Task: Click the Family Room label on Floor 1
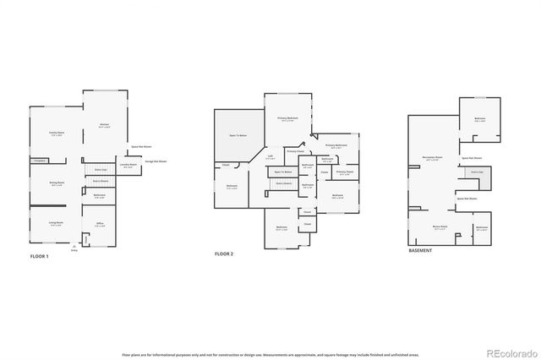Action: (x=57, y=134)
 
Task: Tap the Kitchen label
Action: (x=105, y=126)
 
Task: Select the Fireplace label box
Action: (x=38, y=161)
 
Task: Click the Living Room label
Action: (x=57, y=223)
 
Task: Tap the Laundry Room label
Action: (x=128, y=167)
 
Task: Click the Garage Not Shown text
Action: (x=156, y=161)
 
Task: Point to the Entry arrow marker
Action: (x=74, y=246)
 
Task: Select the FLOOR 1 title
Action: (x=40, y=255)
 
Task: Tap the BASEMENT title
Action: (x=420, y=251)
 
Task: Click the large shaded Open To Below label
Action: (x=238, y=135)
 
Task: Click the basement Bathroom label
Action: (x=481, y=228)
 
